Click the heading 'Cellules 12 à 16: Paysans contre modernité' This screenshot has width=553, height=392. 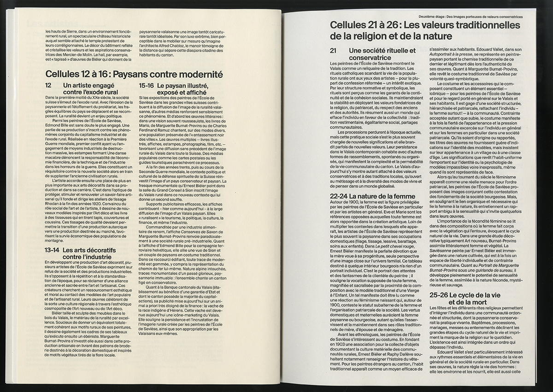pos(134,75)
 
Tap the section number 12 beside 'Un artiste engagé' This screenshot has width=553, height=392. pos(48,86)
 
